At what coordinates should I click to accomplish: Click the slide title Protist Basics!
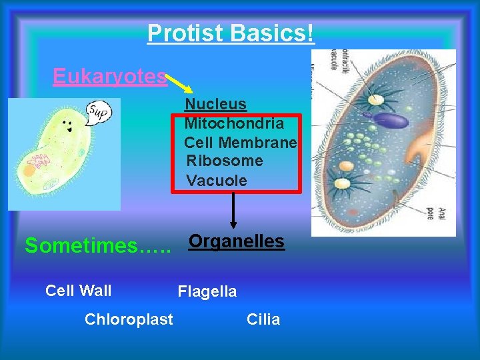pos(231,33)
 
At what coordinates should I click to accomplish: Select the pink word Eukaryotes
pos(110,77)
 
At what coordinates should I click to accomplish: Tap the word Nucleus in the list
pos(215,104)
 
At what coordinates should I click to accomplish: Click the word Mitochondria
pos(234,123)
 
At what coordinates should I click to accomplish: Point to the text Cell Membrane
pos(240,142)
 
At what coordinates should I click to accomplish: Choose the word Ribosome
pos(225,161)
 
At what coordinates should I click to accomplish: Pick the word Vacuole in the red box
pos(217,181)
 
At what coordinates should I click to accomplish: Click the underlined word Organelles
pos(237,241)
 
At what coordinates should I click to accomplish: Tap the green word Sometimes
pos(97,246)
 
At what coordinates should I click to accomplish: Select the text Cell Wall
pos(78,291)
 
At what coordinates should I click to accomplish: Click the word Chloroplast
pos(129,319)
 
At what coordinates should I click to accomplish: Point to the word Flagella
pos(207,291)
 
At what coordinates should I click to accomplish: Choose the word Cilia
pos(263,319)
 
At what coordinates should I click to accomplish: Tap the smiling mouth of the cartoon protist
pos(67,131)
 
